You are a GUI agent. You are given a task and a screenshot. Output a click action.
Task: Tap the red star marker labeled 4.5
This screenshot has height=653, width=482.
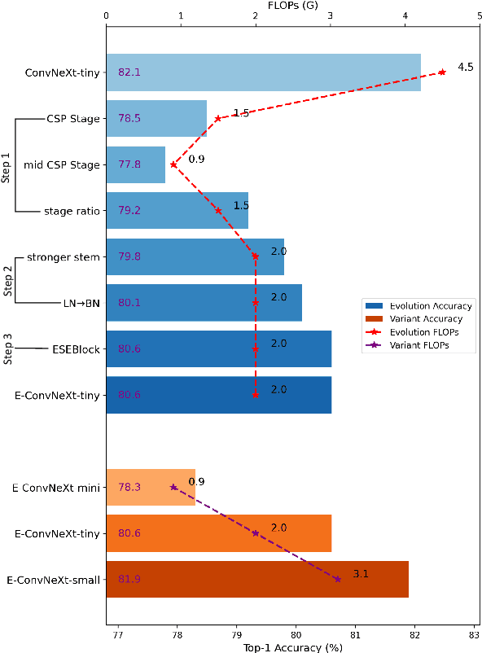[442, 72]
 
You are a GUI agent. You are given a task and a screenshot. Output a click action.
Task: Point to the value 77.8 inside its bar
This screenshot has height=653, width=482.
[129, 164]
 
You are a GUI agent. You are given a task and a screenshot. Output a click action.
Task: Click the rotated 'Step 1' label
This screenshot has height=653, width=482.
[7, 165]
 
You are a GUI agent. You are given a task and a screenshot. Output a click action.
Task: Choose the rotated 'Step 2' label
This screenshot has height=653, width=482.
[7, 280]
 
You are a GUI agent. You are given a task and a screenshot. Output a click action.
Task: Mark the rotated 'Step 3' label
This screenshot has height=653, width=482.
[7, 348]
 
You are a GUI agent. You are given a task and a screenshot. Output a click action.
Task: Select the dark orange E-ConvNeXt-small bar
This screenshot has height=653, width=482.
[257, 580]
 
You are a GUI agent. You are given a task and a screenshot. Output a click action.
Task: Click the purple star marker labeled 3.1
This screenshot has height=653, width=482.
[338, 579]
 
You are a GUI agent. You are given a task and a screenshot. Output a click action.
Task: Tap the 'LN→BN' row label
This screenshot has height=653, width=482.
[81, 303]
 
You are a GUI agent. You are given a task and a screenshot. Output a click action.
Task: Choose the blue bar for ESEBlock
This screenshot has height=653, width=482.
[218, 349]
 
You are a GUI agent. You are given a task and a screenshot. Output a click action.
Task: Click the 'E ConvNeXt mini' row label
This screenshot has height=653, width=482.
[56, 488]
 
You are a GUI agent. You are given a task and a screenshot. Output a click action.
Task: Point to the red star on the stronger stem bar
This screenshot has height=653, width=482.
[256, 256]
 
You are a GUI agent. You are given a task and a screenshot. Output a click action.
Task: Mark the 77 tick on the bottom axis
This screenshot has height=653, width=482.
[118, 633]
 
